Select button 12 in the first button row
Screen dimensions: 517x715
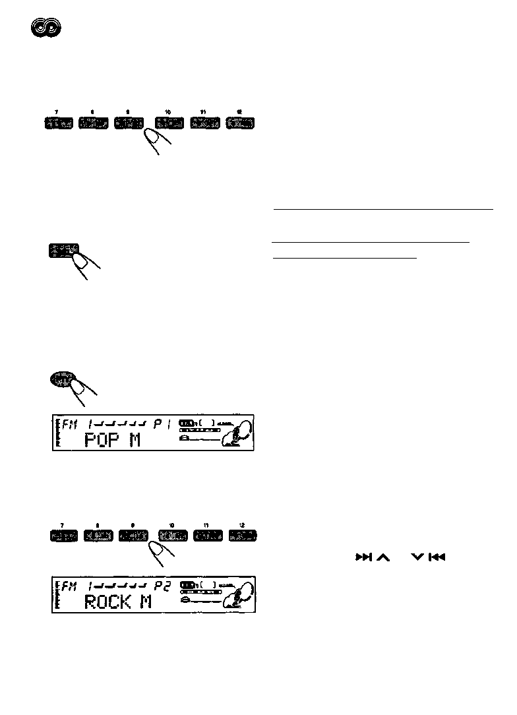pos(241,123)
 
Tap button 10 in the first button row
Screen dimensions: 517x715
pos(169,123)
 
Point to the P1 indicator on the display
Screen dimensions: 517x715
pos(161,425)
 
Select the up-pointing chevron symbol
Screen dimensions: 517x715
pos(382,557)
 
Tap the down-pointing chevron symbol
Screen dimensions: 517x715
pos(417,557)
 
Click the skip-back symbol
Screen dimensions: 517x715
pos(437,557)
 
